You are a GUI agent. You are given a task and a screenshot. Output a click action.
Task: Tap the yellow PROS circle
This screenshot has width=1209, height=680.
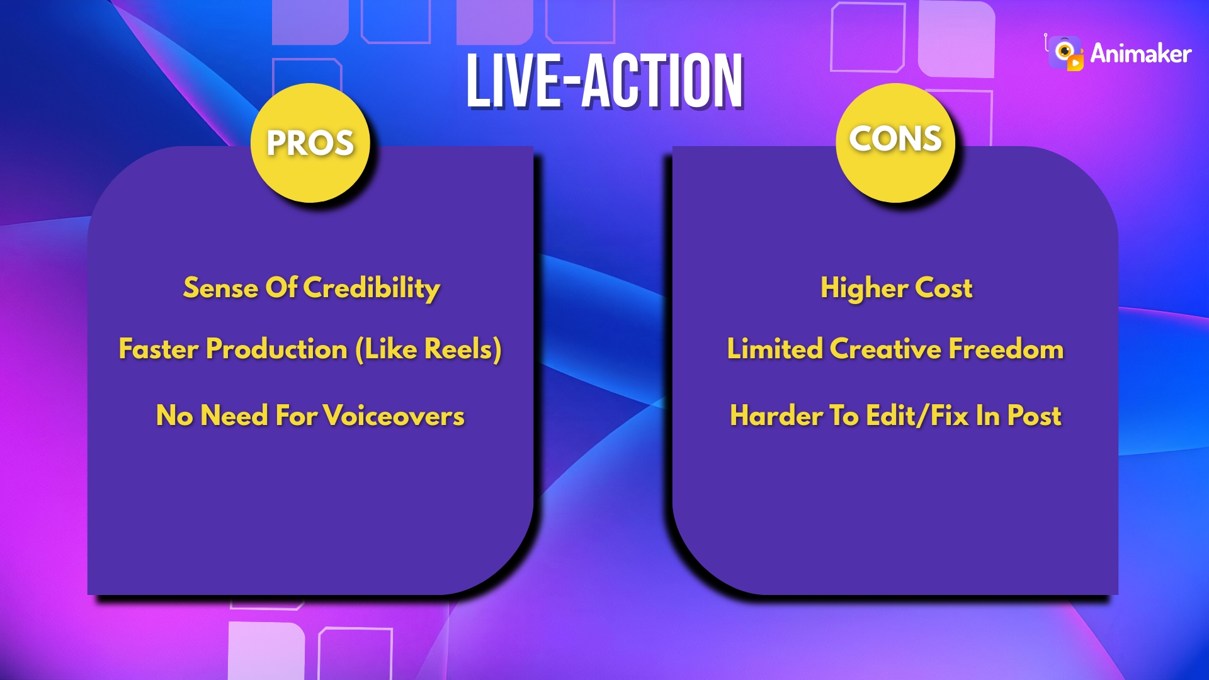pyautogui.click(x=310, y=143)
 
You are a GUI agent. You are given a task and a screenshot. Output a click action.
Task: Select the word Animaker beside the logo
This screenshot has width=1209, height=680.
pyautogui.click(x=1140, y=54)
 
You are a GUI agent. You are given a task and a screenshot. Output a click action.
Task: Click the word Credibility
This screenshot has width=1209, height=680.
pyautogui.click(x=371, y=288)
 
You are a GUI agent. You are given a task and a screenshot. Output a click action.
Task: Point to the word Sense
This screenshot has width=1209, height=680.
pyautogui.click(x=220, y=288)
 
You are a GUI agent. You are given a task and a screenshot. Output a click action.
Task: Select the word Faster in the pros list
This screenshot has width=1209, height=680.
pyautogui.click(x=159, y=349)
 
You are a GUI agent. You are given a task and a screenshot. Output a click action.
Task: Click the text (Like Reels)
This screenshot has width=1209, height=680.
pyautogui.click(x=428, y=349)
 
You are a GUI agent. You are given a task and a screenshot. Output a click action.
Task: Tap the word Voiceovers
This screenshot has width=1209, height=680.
pyautogui.click(x=394, y=416)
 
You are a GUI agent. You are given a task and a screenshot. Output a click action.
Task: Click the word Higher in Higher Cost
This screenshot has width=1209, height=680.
pyautogui.click(x=864, y=288)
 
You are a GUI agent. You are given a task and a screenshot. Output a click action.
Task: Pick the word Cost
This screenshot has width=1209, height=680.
pyautogui.click(x=943, y=288)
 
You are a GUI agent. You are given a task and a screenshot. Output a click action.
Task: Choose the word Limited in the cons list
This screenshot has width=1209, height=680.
pyautogui.click(x=775, y=349)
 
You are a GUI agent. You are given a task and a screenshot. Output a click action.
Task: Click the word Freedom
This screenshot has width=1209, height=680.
pyautogui.click(x=1006, y=349)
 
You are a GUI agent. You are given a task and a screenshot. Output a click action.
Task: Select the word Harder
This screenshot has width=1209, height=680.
pyautogui.click(x=776, y=416)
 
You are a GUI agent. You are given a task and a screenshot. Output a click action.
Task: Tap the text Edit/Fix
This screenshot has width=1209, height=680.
pyautogui.click(x=917, y=416)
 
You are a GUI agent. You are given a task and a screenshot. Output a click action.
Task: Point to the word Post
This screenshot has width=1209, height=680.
pyautogui.click(x=1034, y=416)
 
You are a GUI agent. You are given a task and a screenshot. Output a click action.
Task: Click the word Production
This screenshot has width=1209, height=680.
pyautogui.click(x=276, y=349)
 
